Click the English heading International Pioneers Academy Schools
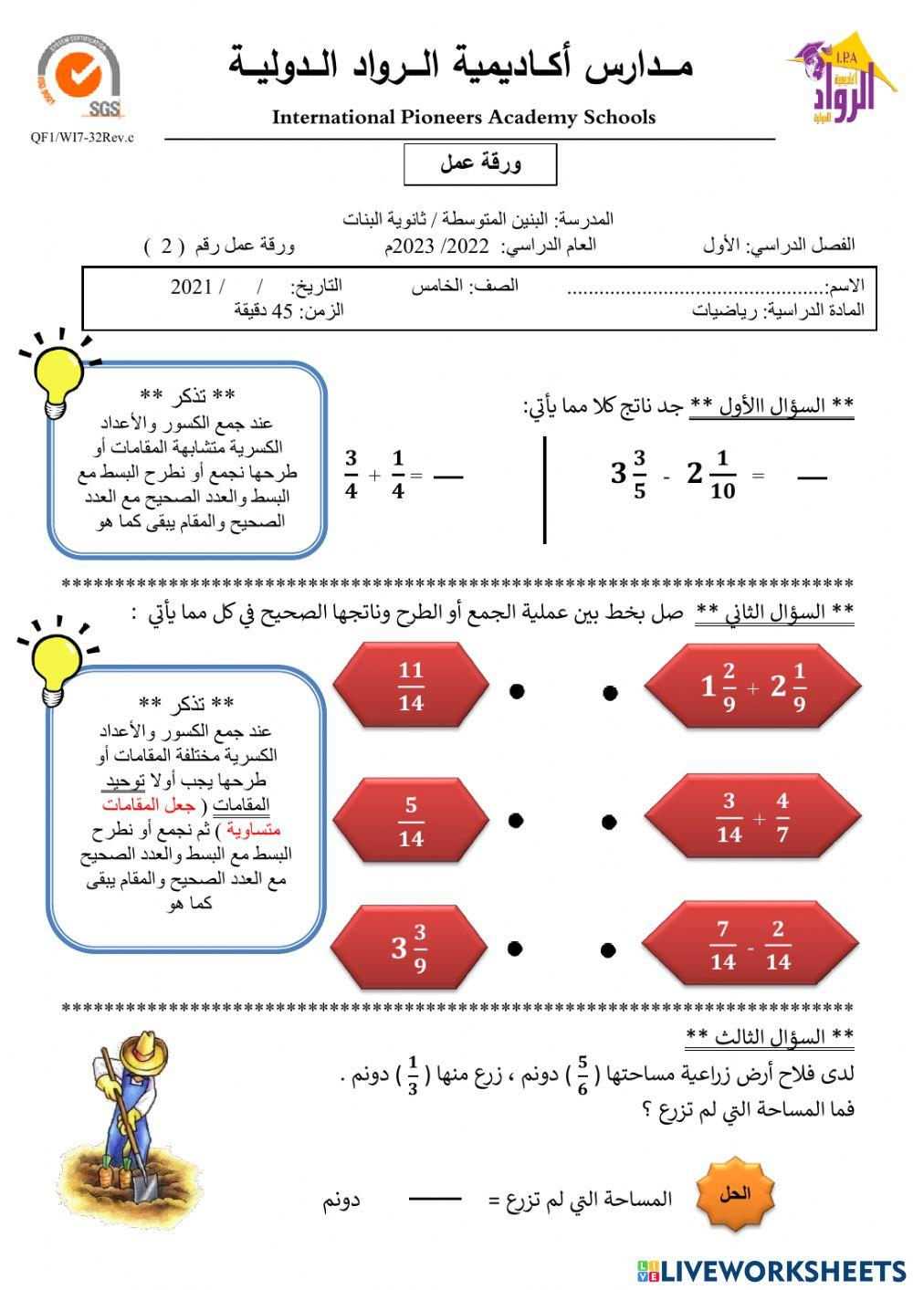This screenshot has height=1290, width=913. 463,117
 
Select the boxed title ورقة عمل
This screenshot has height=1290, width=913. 480,163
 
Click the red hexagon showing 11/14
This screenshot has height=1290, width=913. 411,686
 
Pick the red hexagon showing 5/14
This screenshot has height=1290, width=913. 411,821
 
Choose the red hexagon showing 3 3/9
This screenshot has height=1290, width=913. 409,948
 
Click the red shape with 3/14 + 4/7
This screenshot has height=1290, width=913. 754,819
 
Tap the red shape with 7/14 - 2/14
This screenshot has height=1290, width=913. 750,946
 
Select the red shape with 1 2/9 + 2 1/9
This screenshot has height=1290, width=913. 754,686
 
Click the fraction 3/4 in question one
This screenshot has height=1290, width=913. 352,475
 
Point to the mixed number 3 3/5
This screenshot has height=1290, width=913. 629,474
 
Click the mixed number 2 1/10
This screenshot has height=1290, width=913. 711,475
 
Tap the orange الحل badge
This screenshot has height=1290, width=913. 735,1194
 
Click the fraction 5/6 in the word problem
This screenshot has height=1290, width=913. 582,1075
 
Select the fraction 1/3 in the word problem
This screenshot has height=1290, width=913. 413,1075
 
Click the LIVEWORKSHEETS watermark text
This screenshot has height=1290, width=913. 782,1271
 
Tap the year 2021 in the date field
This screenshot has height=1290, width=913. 191,286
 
